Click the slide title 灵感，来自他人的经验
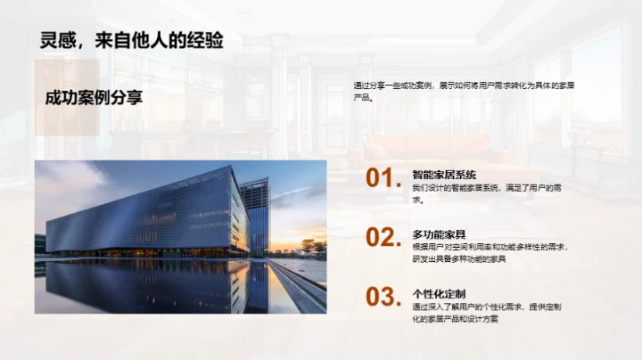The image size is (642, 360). coord(132,40)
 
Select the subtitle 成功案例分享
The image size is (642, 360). coord(94,97)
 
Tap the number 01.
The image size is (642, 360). coord(383,179)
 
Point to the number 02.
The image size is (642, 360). coord(383,238)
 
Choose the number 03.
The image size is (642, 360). coord(383,297)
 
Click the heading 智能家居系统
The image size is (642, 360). coord(444,175)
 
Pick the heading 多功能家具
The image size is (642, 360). coord(438,233)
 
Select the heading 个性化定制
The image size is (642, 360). coord(438,293)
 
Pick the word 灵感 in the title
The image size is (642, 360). coord(57,40)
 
